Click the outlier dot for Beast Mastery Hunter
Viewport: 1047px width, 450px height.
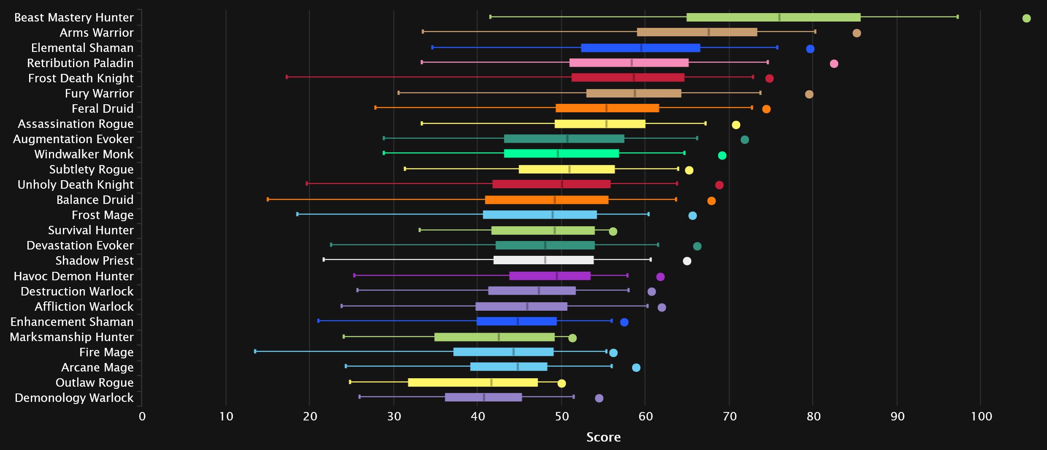1026,18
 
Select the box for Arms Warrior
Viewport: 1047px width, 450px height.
697,32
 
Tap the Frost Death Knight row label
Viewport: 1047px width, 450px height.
81,78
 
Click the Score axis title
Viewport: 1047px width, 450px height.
603,437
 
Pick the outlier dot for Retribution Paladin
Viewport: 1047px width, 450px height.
833,64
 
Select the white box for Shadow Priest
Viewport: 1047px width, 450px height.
543,260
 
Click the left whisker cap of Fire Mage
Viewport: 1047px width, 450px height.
255,351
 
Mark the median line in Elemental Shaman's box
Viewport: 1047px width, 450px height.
641,48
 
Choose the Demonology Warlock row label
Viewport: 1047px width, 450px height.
74,398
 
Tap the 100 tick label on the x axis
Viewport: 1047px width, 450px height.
981,417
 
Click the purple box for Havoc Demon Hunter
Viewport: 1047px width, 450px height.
549,276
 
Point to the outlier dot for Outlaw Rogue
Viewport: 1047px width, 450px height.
561,383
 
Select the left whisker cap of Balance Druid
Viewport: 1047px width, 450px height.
268,199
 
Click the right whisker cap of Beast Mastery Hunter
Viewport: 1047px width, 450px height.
958,17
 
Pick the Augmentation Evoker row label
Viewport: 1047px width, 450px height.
73,139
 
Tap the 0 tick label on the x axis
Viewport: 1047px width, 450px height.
142,417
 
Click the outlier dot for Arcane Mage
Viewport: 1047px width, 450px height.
636,368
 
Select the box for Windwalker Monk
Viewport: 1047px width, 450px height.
561,153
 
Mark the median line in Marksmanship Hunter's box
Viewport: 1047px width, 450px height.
498,337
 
